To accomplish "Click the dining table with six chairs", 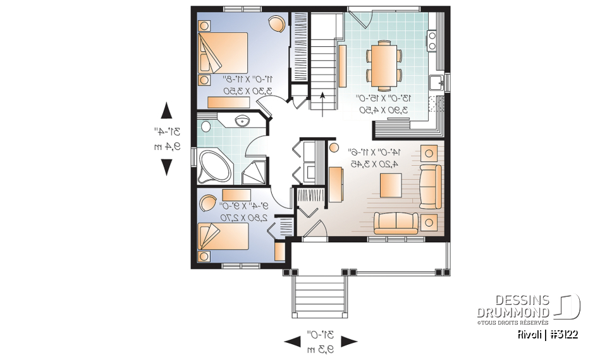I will click(x=383, y=65).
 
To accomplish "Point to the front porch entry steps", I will click(x=319, y=296).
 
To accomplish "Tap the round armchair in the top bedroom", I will click(x=276, y=23).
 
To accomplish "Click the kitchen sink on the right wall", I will click(x=436, y=82).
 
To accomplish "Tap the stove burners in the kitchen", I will click(x=433, y=40).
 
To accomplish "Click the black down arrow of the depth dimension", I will click(x=166, y=167).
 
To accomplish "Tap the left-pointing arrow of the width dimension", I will click(x=291, y=342).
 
